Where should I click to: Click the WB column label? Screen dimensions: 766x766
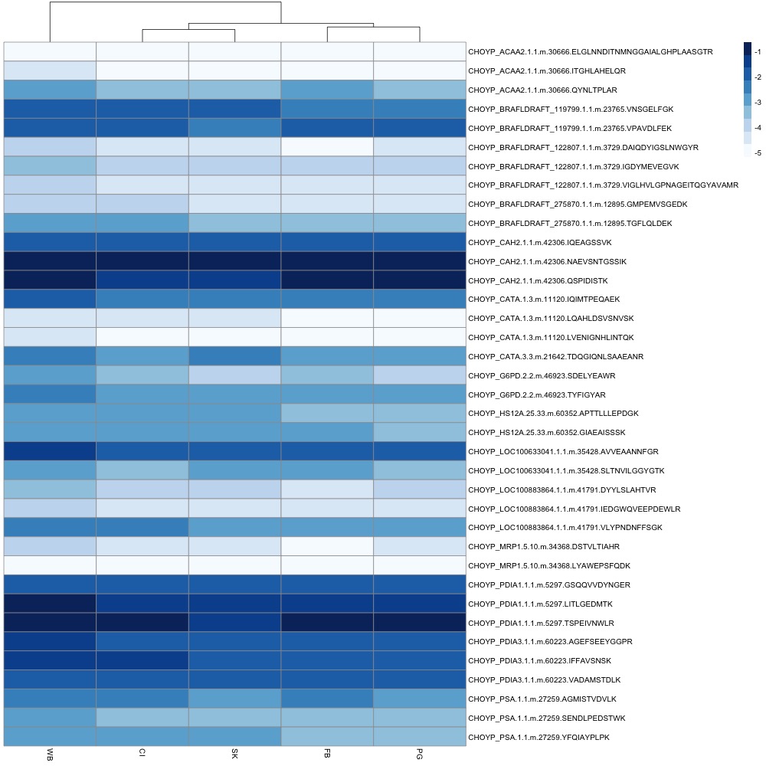coord(50,753)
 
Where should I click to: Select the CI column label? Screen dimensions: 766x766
coord(142,752)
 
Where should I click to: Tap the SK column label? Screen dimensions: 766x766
coord(234,753)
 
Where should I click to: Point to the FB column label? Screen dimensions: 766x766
coord(327,753)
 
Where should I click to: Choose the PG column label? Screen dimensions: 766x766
coord(420,753)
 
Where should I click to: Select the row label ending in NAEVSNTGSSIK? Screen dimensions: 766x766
coord(547,261)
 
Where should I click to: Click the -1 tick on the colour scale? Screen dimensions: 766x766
coord(758,54)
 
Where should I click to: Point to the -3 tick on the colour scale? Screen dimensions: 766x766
coord(758,102)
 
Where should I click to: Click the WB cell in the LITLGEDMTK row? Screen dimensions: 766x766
coord(50,604)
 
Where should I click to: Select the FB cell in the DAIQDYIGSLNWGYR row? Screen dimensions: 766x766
coord(327,147)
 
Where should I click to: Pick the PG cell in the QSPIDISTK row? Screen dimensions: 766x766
coord(420,280)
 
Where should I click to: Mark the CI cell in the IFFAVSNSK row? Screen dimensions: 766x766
coord(142,660)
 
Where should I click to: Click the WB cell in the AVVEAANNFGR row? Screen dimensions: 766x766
coord(50,451)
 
